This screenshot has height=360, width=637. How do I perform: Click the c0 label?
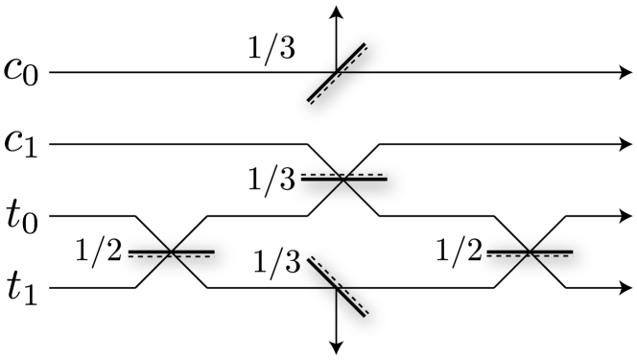click(22, 73)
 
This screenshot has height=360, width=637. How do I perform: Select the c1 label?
click(22, 145)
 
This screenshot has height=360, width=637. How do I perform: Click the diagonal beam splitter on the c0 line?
click(336, 72)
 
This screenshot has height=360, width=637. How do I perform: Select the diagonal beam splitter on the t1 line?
click(336, 287)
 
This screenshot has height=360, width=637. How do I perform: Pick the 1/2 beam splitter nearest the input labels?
click(171, 252)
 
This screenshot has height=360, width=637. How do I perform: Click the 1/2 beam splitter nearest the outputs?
click(530, 252)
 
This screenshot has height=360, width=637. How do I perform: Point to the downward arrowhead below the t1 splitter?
click(336, 347)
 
